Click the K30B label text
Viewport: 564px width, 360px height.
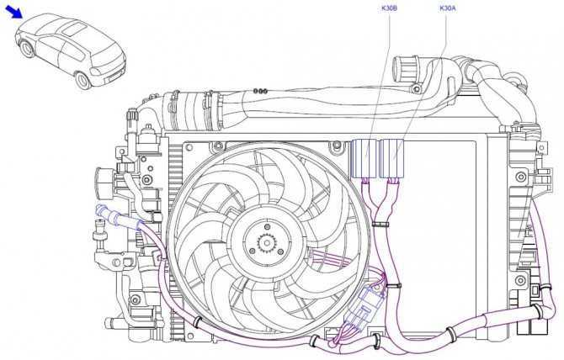pos(389,8)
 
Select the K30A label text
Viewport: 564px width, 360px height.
pos(448,8)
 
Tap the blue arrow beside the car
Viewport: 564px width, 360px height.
pos(13,12)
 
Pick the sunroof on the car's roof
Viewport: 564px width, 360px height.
pos(74,28)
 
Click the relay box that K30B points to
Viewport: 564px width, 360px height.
pos(364,158)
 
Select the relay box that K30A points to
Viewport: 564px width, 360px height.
pos(391,158)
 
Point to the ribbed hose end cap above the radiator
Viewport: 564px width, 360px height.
pos(404,69)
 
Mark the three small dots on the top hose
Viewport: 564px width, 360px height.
pos(260,91)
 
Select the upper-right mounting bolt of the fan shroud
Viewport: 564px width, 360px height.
pos(337,146)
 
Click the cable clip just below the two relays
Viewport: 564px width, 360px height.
pos(380,225)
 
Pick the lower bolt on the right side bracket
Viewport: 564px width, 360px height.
pos(520,280)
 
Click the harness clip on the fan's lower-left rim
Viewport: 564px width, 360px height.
pos(198,322)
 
